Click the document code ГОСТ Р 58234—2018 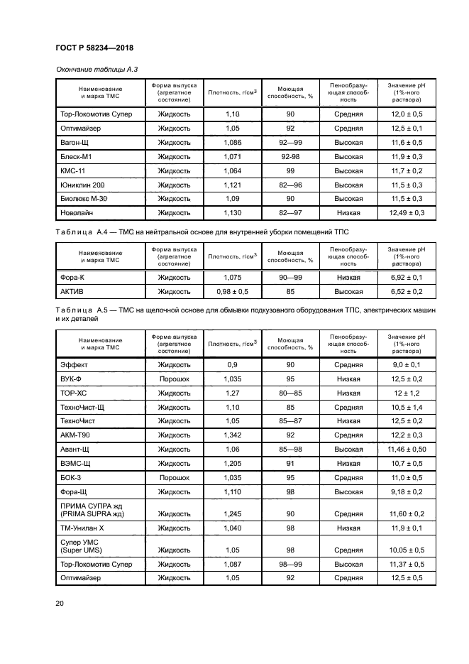(x=94, y=48)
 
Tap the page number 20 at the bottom (x=60, y=603)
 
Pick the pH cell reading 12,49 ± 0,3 (x=407, y=212)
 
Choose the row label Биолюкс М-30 (x=84, y=198)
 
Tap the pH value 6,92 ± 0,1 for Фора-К (x=407, y=277)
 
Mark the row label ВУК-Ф (x=72, y=379)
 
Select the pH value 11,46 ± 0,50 (x=407, y=449)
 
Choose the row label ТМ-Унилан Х (x=84, y=528)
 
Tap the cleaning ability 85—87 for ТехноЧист (x=290, y=421)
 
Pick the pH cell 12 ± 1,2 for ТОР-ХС (x=407, y=393)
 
